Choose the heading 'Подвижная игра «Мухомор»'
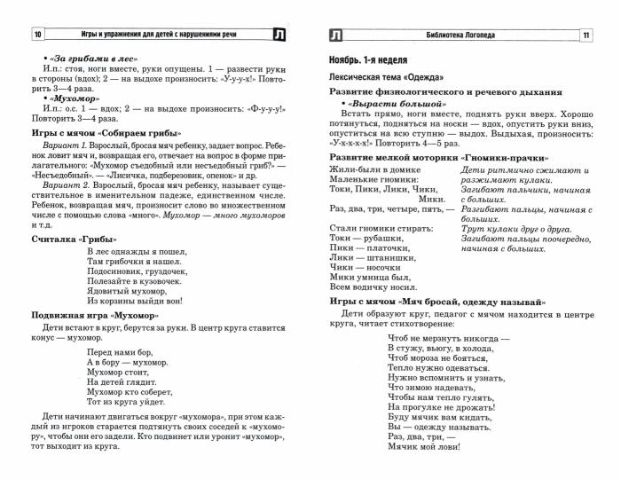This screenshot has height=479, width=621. click(x=95, y=316)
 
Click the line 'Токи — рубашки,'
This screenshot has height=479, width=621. click(x=359, y=238)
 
